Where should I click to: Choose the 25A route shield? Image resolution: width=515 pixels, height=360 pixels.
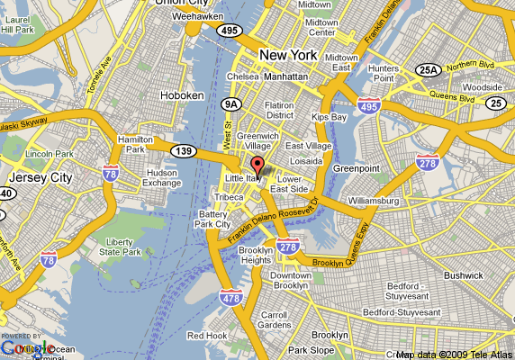426,69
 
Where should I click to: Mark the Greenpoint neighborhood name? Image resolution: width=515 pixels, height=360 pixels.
357,167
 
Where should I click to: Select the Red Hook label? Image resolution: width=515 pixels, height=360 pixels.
206,336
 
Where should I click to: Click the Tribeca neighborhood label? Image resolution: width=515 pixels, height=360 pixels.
229,197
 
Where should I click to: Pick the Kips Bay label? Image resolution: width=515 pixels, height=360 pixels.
328,117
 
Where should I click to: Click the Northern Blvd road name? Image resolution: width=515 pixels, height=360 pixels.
470,65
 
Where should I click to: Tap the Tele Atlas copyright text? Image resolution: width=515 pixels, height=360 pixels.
454,354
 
